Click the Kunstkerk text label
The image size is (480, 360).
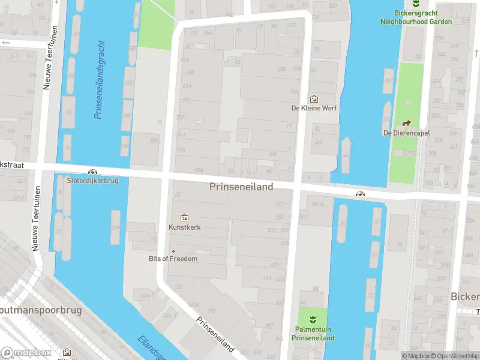point(184,229)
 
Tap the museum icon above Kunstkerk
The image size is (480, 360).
point(184,217)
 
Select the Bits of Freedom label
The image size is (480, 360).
point(173,259)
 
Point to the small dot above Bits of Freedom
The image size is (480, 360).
point(173,251)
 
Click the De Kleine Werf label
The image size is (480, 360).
point(314,109)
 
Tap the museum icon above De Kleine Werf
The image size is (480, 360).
point(313,98)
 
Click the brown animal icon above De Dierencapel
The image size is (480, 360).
point(406,122)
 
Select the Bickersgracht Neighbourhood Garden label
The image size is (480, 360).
point(416,17)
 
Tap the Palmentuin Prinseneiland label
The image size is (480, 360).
point(313,334)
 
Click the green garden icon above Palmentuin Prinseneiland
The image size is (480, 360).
point(312,318)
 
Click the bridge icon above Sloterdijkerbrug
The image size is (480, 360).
point(92,172)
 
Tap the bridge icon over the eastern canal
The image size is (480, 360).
point(361,194)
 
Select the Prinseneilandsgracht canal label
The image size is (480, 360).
point(100,72)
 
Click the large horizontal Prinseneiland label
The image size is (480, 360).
point(241,187)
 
